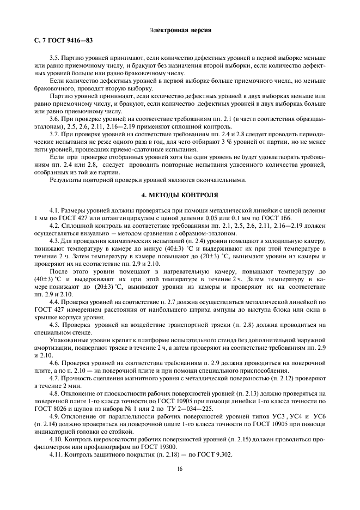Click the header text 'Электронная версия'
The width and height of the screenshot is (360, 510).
coord(180,29)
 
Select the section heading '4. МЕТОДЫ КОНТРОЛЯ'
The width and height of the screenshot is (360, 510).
coord(180,194)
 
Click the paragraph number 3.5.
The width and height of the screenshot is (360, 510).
coord(54,57)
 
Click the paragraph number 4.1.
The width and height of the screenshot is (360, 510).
coord(54,209)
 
